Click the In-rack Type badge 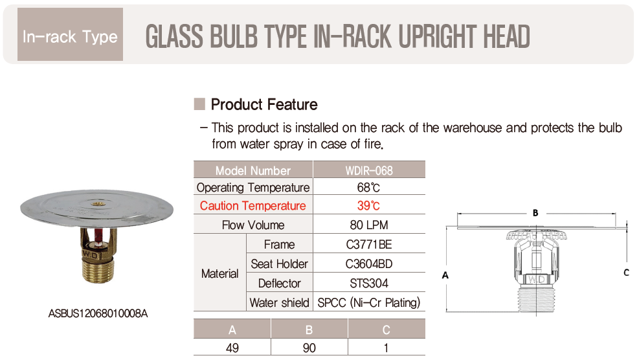point(70,34)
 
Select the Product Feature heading point(264,105)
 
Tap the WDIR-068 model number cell point(369,170)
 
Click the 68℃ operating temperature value point(369,188)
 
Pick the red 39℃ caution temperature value point(369,205)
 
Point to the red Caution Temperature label point(252,205)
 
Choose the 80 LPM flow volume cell point(369,225)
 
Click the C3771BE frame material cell point(369,244)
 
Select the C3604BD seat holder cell point(369,264)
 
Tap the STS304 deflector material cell point(369,283)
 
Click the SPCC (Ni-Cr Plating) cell point(369,302)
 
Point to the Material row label point(220,273)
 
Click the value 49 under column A point(232,348)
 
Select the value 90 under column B point(309,348)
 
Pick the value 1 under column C point(387,348)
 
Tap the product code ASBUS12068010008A point(98,313)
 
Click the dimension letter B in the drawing point(535,213)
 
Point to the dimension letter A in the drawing point(445,275)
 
